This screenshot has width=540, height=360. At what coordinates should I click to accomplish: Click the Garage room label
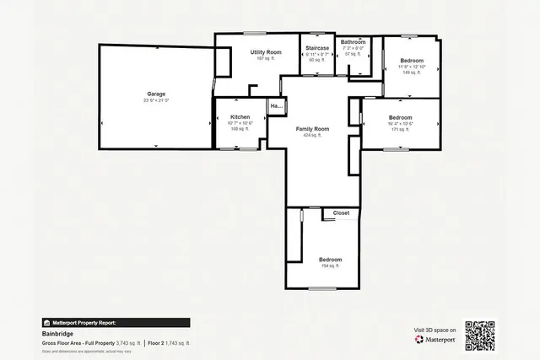point(156,94)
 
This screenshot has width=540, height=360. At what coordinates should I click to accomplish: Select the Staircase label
point(317,48)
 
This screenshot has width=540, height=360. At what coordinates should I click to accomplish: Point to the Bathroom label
point(353,42)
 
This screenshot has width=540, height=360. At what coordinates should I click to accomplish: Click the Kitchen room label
point(240,116)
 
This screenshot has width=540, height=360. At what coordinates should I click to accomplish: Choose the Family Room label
point(312,129)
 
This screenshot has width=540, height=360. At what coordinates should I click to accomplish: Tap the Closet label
point(341,213)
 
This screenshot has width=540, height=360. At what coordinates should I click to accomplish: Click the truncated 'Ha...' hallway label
point(276,106)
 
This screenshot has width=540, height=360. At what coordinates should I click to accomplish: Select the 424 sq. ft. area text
point(312,136)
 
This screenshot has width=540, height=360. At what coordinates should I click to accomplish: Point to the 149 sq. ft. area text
point(412,73)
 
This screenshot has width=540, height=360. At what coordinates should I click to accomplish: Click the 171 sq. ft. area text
point(400,130)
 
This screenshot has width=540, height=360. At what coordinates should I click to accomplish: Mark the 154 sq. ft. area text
point(330,266)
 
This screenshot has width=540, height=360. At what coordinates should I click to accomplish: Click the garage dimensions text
point(156,101)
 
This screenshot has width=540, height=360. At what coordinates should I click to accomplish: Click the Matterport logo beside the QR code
point(435,340)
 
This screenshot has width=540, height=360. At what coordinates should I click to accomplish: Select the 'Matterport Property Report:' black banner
point(116,322)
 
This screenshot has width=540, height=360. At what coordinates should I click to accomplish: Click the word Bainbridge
point(57,334)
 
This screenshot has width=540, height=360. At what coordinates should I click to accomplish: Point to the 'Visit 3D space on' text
point(435,330)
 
